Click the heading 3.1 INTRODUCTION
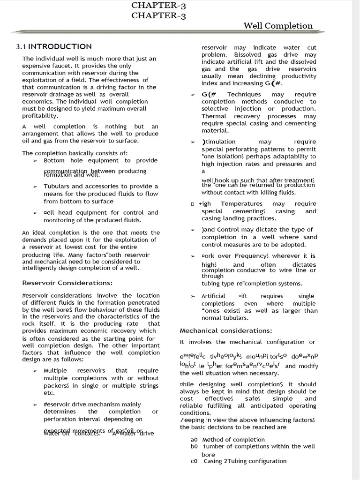tap(54, 46)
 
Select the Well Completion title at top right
tap(278, 26)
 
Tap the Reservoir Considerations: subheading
tap(67, 283)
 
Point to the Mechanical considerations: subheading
tap(226, 330)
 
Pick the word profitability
tap(40, 115)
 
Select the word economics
tap(38, 101)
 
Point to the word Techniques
tap(244, 94)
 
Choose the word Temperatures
tap(241, 203)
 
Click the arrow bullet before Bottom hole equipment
tap(35, 160)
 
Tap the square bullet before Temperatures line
tap(192, 204)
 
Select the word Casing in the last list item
tap(213, 461)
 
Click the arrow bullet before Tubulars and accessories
tap(35, 186)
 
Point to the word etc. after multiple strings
tap(49, 392)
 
